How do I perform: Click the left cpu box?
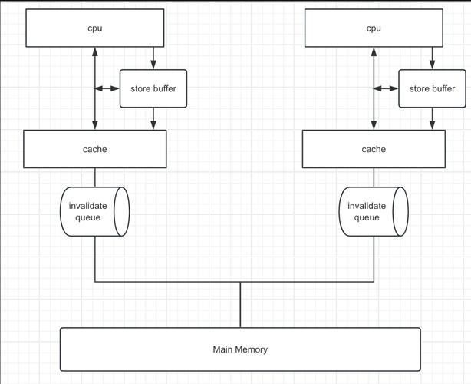click(95, 28)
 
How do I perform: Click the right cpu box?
click(374, 28)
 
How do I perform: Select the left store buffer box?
click(153, 88)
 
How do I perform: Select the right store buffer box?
click(432, 88)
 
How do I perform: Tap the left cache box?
click(95, 149)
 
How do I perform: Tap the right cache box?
click(374, 149)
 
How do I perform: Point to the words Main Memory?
click(240, 349)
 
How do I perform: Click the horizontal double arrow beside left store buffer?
click(107, 88)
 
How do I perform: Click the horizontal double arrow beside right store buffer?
click(386, 88)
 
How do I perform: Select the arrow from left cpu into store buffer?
click(154, 58)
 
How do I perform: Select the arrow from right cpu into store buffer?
click(433, 58)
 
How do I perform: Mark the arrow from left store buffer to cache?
click(154, 118)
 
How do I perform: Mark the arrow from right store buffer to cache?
click(433, 118)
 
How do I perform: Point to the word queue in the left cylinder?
click(87, 217)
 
